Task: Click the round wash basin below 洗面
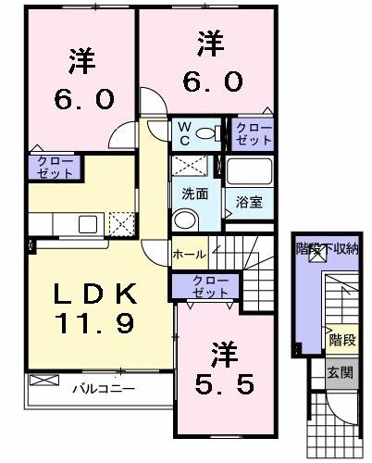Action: pos(186,219)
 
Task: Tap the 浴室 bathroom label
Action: pos(249,200)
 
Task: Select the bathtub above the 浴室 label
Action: pos(249,172)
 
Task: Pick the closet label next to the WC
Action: pos(253,133)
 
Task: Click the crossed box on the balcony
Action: pos(43,380)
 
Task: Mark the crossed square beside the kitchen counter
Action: pos(122,225)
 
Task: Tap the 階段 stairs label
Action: pos(341,339)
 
